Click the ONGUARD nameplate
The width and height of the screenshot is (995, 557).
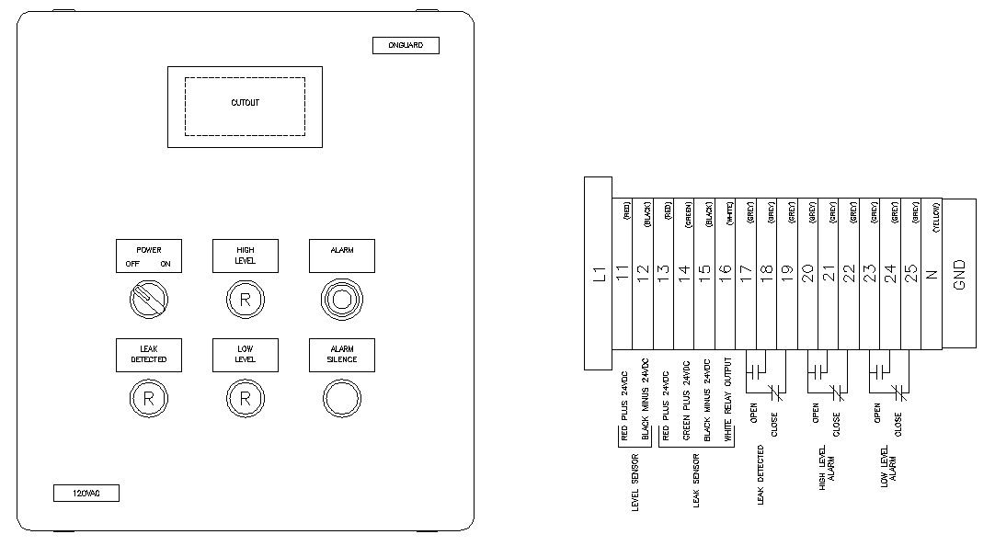click(406, 45)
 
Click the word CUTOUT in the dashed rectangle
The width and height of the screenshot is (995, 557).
click(245, 103)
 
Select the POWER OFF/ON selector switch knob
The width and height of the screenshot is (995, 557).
click(148, 299)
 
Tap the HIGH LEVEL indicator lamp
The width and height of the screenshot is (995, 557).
click(245, 299)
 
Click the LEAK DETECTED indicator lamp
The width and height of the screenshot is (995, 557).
click(148, 399)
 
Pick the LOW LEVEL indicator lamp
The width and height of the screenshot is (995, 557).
click(245, 399)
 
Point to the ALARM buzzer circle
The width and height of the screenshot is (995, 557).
click(341, 299)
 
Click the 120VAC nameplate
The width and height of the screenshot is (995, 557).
click(85, 494)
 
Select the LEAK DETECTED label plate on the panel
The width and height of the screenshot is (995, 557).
click(148, 355)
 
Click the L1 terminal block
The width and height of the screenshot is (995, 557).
click(598, 273)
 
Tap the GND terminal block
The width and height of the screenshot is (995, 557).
click(960, 273)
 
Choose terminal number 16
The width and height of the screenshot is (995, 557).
click(725, 273)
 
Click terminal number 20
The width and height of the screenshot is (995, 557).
click(807, 273)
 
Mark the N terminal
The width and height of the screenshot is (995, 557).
click(931, 273)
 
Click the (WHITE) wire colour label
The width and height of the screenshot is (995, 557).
click(729, 217)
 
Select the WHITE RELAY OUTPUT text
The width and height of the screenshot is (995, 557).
click(729, 400)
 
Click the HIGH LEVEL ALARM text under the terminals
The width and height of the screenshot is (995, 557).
click(825, 473)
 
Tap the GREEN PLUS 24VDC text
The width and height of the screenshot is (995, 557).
click(686, 400)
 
